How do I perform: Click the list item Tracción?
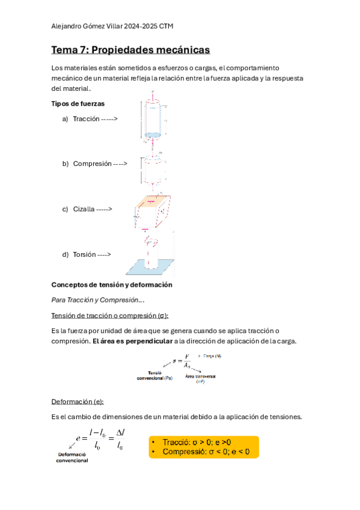[86, 118]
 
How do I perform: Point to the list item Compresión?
[93, 163]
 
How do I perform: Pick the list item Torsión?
[84, 254]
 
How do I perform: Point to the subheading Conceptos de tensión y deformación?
[112, 284]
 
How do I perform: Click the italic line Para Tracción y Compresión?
[98, 300]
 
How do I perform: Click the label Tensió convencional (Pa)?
[154, 376]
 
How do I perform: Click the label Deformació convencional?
[72, 457]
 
